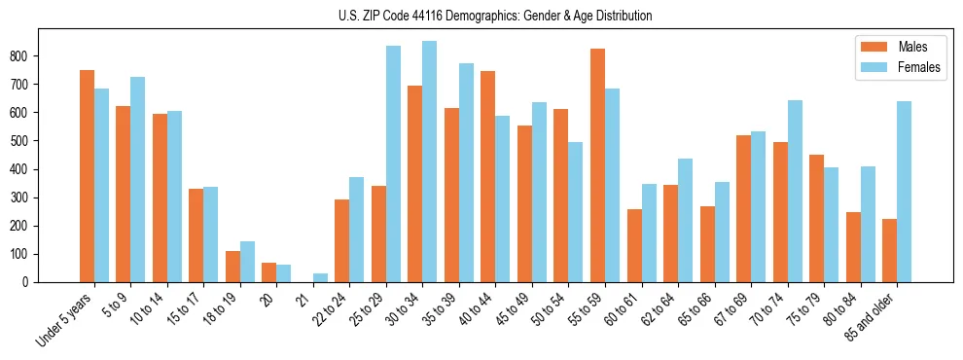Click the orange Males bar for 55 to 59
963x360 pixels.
pos(597,165)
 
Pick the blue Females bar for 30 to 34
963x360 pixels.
pos(429,162)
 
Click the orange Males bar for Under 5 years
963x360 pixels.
pos(87,176)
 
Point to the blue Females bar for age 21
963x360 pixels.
pos(320,277)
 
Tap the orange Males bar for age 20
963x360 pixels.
pos(269,272)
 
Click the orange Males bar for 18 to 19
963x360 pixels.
pos(232,267)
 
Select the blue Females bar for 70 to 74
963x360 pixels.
pos(795,191)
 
